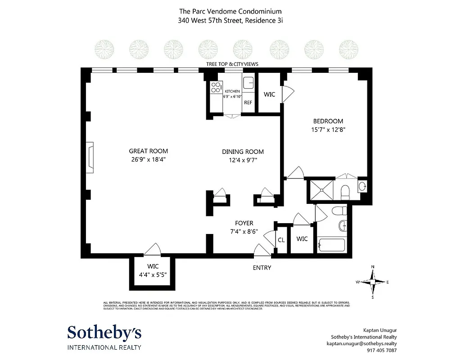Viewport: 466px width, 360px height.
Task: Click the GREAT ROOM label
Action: click(148, 151)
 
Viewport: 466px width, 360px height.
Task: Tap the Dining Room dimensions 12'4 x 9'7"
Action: click(243, 160)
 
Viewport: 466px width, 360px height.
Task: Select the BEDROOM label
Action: click(328, 121)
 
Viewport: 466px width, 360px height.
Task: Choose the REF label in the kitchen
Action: click(248, 103)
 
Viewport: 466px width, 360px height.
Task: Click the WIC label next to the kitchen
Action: click(269, 94)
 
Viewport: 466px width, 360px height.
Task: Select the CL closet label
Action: click(281, 241)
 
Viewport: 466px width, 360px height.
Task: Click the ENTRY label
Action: click(262, 268)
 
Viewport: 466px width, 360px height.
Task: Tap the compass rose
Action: click(372, 282)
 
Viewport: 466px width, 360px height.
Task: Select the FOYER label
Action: click(244, 223)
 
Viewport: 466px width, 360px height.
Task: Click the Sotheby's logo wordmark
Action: click(104, 333)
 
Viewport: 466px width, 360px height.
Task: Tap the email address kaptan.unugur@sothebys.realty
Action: click(362, 343)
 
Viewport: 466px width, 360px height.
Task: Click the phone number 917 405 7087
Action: click(382, 351)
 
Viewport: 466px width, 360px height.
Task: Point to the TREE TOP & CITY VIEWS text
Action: click(232, 64)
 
